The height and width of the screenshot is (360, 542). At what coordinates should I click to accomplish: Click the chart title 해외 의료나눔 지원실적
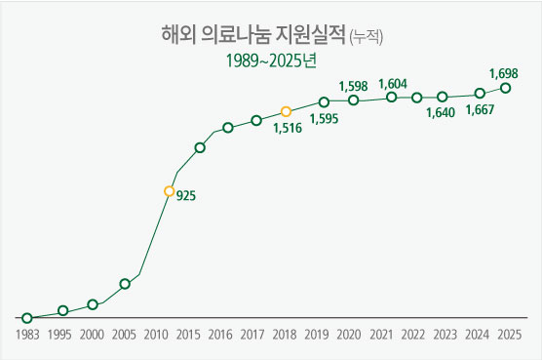point(252,36)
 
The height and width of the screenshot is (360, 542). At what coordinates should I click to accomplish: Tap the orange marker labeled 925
point(169,192)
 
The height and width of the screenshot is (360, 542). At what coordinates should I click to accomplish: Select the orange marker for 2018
point(286,112)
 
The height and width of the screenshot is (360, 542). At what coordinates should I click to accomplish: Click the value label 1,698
point(503,73)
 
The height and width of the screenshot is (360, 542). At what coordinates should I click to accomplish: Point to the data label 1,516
point(287,128)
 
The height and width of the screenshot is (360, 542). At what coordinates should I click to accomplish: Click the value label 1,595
point(324,119)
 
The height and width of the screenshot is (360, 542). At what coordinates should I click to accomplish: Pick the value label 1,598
point(353,86)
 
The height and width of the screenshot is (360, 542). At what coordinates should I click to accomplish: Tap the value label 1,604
point(392,84)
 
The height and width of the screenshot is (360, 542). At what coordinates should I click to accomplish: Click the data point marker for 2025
point(505,88)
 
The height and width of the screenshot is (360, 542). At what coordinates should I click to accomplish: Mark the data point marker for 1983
point(27,318)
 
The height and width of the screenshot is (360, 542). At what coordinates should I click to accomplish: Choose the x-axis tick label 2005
point(124,335)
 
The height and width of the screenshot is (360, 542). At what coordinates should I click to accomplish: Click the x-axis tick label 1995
point(58,335)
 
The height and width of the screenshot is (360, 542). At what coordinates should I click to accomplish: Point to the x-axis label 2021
point(379,335)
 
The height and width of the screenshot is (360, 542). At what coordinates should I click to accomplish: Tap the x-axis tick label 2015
point(188,335)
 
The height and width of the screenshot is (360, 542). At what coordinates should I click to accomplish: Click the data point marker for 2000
point(93,304)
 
